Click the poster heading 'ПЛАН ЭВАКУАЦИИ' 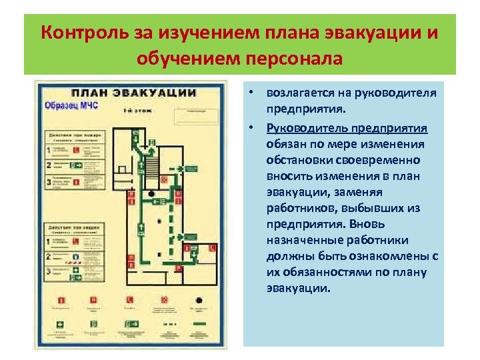[x=133, y=93]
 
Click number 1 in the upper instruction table [x=48, y=150]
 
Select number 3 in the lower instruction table [x=48, y=271]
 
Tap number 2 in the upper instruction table [x=48, y=164]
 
